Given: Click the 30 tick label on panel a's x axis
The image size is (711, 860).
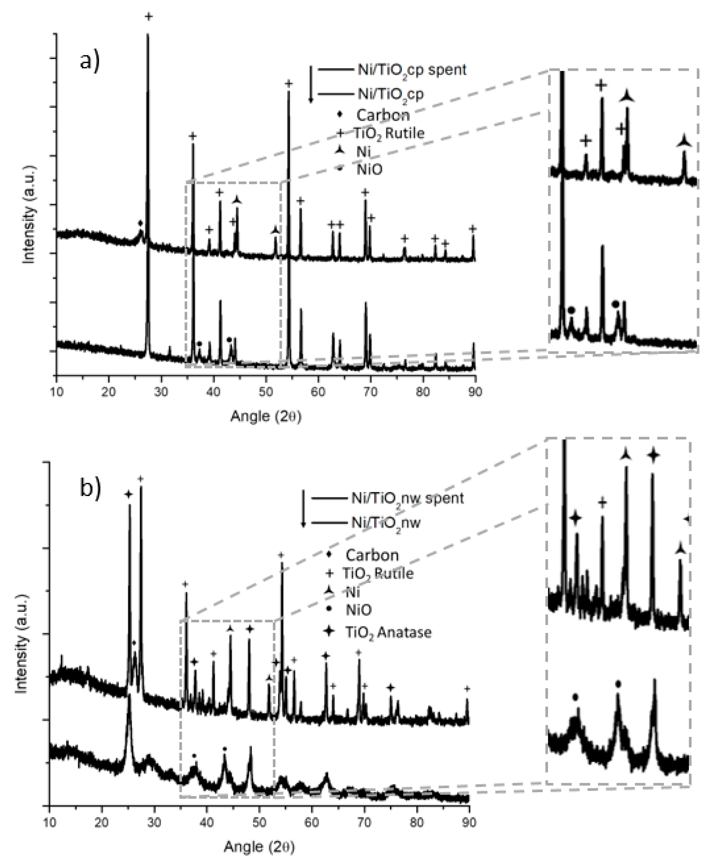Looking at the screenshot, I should (161, 392).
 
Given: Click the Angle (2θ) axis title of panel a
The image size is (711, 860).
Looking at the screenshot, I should (266, 417).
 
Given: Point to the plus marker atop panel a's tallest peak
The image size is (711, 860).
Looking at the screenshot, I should (149, 16).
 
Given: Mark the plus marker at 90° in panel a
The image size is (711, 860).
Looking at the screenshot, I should (473, 228).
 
